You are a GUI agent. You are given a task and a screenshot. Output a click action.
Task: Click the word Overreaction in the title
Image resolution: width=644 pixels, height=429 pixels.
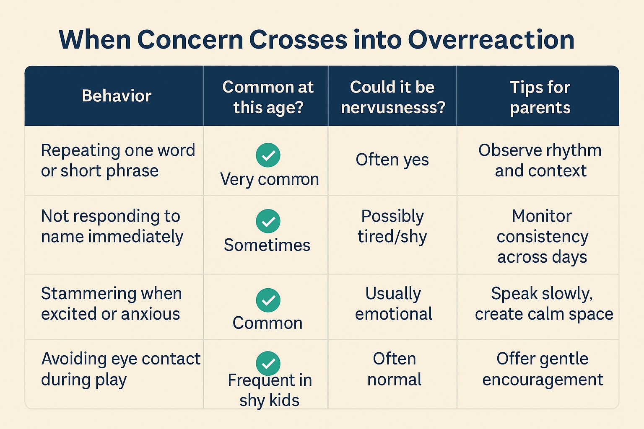point(491,40)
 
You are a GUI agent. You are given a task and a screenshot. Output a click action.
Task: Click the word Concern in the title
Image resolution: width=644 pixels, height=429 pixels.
point(190,40)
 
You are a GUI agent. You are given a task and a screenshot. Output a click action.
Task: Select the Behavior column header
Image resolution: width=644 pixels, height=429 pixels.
point(117,96)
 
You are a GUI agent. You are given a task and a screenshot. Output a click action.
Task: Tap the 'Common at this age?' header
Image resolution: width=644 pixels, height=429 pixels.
point(268,97)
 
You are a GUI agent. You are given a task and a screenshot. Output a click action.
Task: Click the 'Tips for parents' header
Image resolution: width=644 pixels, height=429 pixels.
point(540,97)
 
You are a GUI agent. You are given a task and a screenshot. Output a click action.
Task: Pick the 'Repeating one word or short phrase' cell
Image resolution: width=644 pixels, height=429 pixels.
point(118,160)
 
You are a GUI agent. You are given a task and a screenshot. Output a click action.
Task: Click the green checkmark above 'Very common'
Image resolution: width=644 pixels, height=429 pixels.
point(268,155)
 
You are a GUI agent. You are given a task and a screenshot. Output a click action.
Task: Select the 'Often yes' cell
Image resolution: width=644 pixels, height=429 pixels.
point(392,160)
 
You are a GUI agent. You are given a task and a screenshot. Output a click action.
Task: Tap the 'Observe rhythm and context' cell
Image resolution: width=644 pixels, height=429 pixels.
point(540,160)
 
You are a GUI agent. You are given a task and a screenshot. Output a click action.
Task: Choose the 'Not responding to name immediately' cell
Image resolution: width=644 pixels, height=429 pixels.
point(112,226)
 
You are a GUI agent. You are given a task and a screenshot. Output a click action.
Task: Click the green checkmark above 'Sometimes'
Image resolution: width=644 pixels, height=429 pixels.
point(268,221)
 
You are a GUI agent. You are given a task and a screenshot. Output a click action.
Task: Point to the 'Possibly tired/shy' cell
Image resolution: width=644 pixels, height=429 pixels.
point(392,226)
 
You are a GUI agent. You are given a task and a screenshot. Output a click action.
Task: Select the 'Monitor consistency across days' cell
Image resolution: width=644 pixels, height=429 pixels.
point(542,236)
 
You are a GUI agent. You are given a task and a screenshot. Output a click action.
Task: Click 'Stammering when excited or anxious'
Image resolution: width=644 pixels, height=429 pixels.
point(111,303)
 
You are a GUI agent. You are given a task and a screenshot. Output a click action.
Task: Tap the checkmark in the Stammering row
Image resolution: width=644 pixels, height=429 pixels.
point(268,300)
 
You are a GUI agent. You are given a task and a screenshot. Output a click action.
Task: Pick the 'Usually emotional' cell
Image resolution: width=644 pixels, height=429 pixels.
point(393,303)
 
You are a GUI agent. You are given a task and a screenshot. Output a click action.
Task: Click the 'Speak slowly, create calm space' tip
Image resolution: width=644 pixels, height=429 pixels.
point(544,303)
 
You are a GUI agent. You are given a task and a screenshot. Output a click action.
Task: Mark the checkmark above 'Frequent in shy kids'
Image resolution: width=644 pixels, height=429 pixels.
point(268,363)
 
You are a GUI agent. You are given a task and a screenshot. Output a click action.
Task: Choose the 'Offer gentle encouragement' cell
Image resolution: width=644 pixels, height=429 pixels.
point(543,369)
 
